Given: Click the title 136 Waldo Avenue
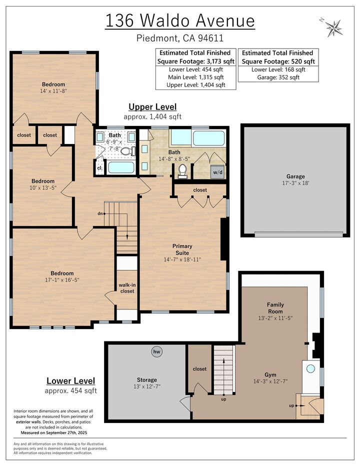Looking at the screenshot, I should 180,21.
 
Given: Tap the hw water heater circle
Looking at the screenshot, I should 156,352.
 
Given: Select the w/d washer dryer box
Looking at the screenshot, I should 218,172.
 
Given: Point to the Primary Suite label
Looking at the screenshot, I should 182,249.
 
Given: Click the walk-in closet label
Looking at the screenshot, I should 126,288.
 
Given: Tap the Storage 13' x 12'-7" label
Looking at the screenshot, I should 146,383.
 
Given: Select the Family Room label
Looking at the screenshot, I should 275,307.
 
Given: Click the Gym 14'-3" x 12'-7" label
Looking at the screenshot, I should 270,377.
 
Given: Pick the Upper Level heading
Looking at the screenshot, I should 152,106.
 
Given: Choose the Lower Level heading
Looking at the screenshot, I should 70,381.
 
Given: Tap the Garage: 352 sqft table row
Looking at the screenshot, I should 278,77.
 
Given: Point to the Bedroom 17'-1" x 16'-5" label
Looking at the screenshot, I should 62,276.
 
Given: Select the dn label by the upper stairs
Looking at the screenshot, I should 99,213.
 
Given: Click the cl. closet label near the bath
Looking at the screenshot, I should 99,168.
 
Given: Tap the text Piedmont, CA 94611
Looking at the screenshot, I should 180,38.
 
